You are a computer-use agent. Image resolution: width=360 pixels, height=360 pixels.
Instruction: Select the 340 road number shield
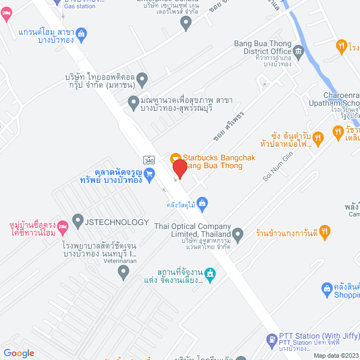pyautogui.click(x=148, y=160)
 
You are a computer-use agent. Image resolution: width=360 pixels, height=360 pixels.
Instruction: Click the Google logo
pyautogui.click(x=19, y=353)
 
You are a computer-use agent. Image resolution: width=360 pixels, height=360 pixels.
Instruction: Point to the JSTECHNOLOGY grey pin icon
pyautogui.click(x=78, y=222)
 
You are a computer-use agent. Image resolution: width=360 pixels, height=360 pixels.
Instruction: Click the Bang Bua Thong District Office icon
pyautogui.click(x=298, y=52)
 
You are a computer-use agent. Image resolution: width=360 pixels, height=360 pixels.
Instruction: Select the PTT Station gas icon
pyautogui.click(x=271, y=340)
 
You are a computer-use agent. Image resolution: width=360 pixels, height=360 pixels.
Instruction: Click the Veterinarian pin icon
pyautogui.click(x=124, y=273)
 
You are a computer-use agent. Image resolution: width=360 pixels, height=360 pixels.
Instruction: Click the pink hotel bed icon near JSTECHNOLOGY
pyautogui.click(x=63, y=226)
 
